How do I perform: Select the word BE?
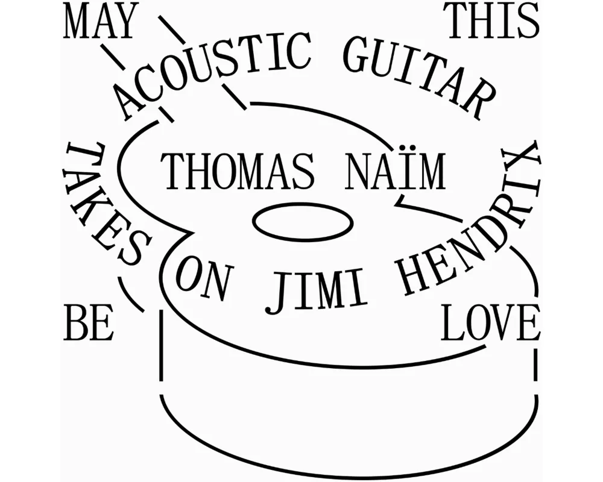point(89,322)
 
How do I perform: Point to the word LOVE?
point(490,322)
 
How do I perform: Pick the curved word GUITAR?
point(417,75)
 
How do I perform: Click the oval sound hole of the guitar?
point(303,222)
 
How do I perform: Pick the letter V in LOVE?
point(500,322)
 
